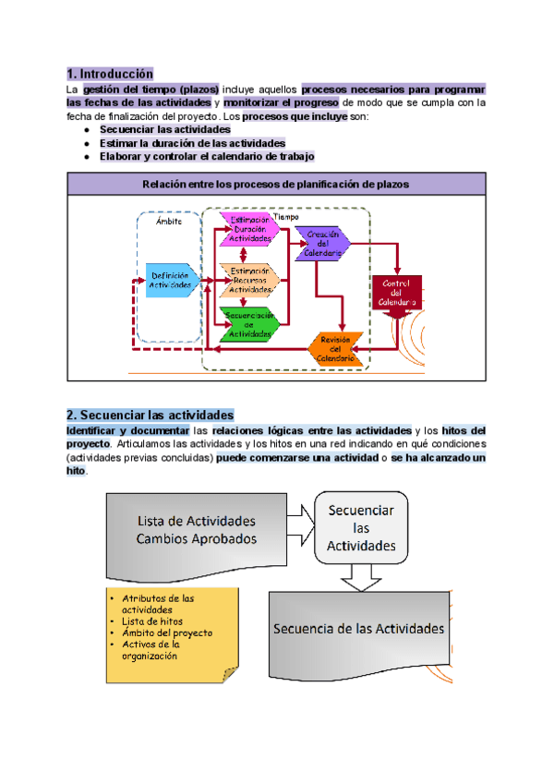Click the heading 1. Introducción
click(x=110, y=73)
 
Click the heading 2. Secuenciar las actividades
click(x=151, y=415)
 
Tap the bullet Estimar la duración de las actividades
click(x=192, y=143)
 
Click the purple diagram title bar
click(x=276, y=185)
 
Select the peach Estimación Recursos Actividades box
click(x=247, y=278)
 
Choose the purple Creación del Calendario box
click(x=322, y=244)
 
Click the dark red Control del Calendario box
click(x=398, y=292)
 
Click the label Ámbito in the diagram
click(x=168, y=222)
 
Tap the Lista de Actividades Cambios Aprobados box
click(x=197, y=529)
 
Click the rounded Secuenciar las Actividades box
click(x=361, y=528)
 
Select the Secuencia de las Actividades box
click(x=358, y=629)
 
